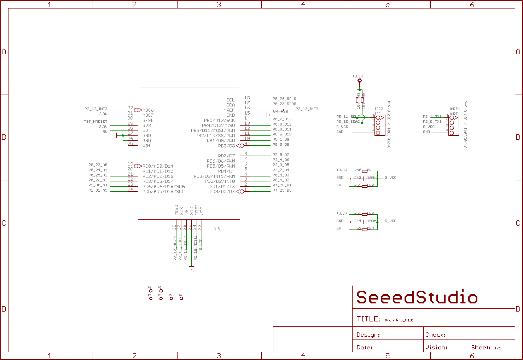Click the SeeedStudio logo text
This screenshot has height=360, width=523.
click(x=417, y=297)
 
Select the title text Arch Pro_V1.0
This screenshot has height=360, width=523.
click(x=399, y=320)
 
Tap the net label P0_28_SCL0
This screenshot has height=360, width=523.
click(x=284, y=99)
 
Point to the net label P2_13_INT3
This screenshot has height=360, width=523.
click(x=307, y=109)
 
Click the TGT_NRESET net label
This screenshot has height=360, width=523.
click(x=95, y=122)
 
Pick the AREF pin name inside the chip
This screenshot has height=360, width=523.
click(x=229, y=110)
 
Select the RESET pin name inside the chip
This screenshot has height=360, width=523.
click(x=149, y=121)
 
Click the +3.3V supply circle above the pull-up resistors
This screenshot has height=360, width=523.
click(x=360, y=81)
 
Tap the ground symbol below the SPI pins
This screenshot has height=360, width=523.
click(x=192, y=268)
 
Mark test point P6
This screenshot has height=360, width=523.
click(x=181, y=298)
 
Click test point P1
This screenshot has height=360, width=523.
click(x=151, y=291)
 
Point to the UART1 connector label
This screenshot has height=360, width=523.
click(x=454, y=109)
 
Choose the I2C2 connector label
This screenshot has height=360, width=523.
click(x=379, y=109)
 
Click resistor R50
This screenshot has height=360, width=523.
click(x=365, y=171)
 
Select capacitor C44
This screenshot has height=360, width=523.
click(x=364, y=221)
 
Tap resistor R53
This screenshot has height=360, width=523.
click(x=365, y=229)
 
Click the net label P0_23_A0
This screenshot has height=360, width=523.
click(x=98, y=165)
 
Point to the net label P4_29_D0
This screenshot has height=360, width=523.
click(x=282, y=191)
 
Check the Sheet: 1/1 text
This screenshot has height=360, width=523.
click(x=486, y=348)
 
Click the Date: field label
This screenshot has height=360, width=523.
click(x=365, y=348)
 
